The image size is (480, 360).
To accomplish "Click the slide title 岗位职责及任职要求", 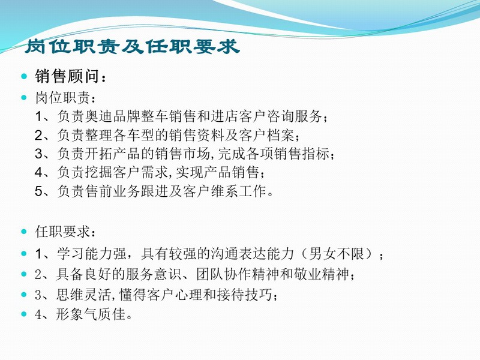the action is [132, 47].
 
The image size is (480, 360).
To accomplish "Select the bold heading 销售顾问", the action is [67, 76].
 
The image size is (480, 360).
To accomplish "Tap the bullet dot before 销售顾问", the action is [24, 76].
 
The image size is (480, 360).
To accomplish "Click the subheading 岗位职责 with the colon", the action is [65, 98].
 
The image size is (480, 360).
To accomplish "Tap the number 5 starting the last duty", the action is [38, 191].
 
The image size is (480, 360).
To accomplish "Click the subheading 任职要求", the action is [62, 232].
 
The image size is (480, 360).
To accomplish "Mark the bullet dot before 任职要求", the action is [24, 232].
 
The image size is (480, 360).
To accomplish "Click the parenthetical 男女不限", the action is [336, 253].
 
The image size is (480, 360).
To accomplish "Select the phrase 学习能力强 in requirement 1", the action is [92, 253].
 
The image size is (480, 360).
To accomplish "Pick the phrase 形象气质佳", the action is [91, 314].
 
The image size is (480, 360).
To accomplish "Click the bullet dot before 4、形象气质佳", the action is [24, 314].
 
